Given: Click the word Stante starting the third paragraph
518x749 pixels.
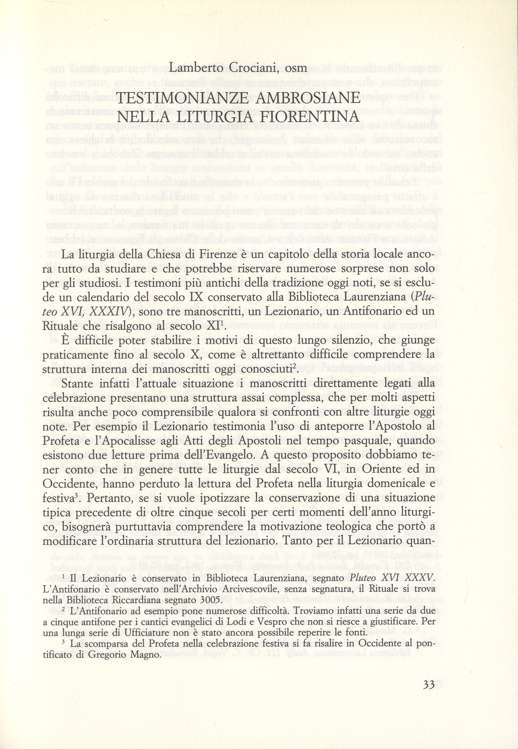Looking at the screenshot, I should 76,383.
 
